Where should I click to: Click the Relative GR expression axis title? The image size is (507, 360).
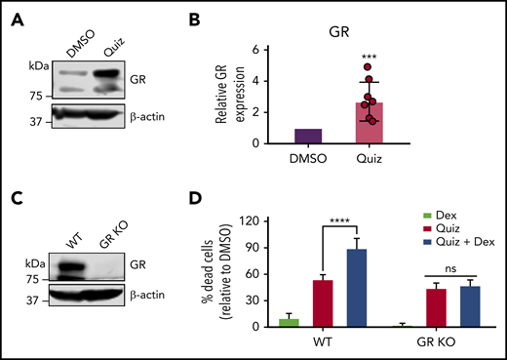point(225,97)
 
